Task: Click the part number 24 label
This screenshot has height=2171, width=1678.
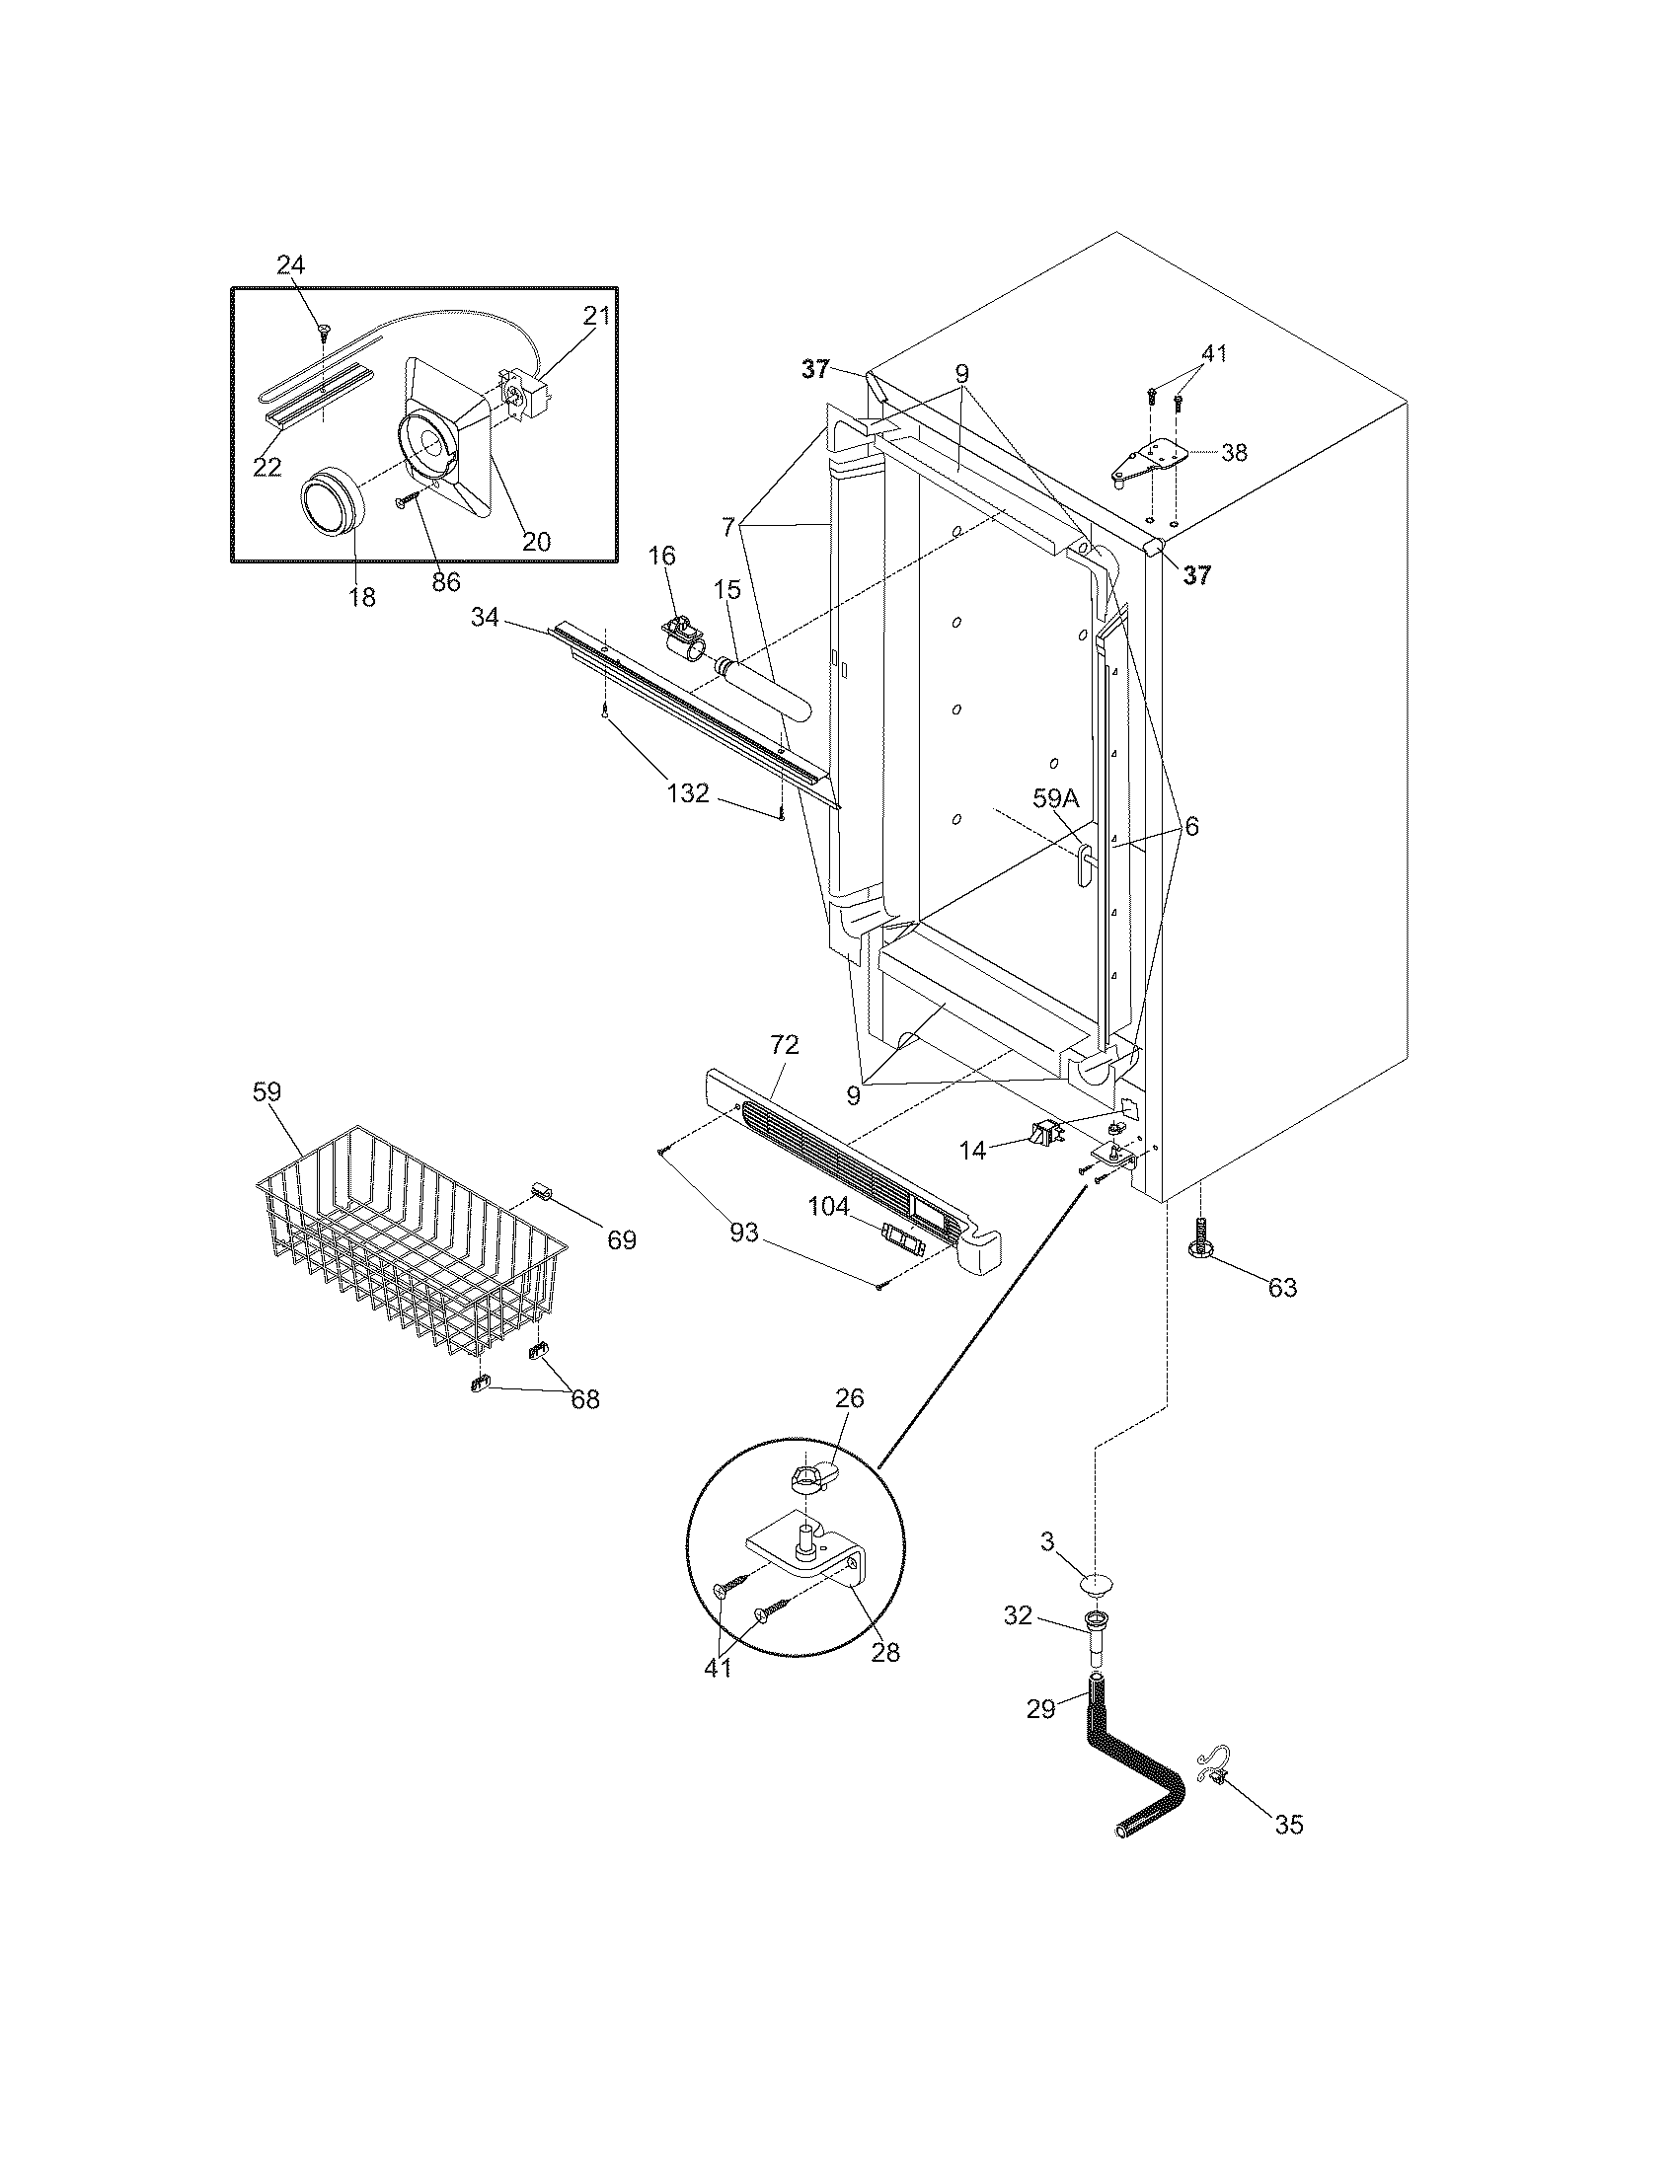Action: (x=290, y=264)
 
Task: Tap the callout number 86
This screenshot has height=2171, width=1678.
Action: (x=446, y=581)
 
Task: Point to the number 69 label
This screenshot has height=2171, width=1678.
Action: (x=621, y=1239)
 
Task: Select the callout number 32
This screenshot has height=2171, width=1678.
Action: (x=1017, y=1616)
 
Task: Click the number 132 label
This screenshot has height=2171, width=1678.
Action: (x=688, y=792)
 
